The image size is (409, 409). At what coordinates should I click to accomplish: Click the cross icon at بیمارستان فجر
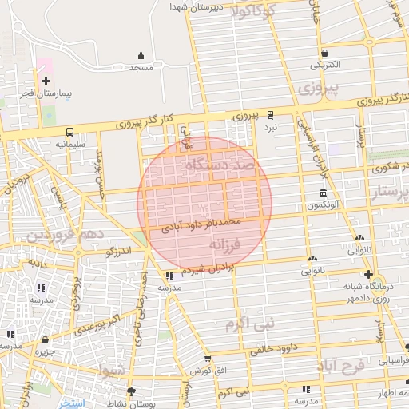46,81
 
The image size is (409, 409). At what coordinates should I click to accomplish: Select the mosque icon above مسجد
141,56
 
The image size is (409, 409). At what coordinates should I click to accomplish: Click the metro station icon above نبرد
271,114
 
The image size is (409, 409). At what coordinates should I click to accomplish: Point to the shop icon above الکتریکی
324,50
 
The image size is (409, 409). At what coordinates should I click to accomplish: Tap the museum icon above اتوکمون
323,193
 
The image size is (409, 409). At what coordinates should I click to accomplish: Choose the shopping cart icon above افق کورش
207,359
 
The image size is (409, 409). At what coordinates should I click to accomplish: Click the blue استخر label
76,403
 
